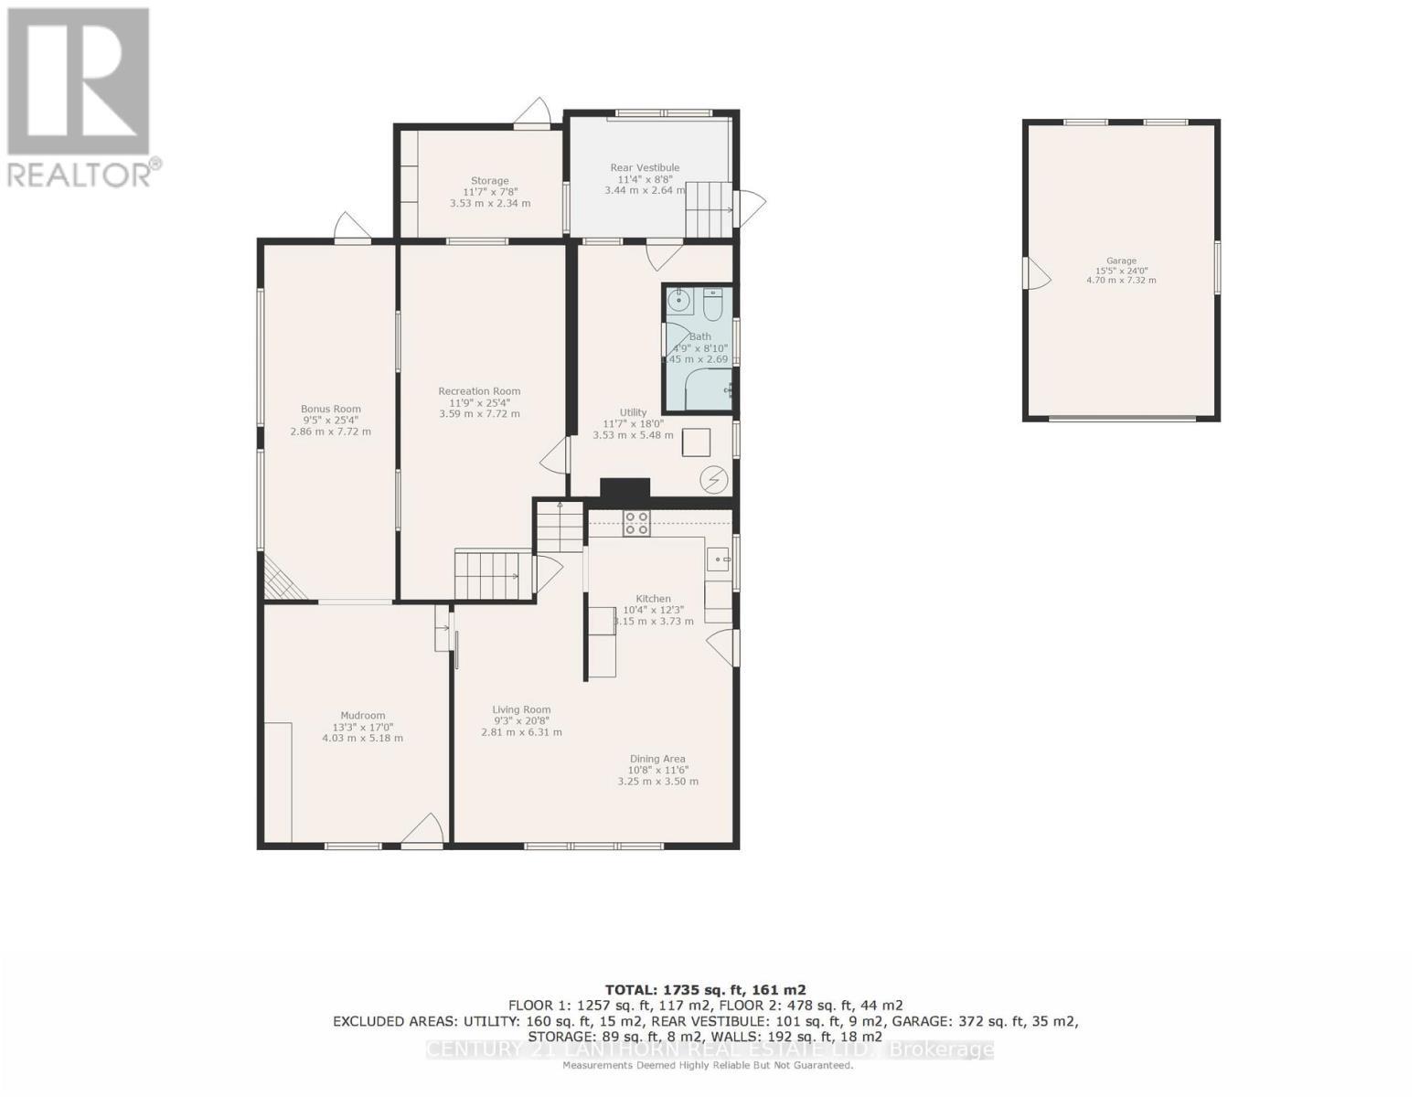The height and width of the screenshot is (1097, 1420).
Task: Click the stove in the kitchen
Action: coord(636,523)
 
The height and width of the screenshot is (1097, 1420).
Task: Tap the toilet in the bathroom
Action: coord(713,304)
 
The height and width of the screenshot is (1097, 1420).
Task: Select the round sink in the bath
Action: coord(679,300)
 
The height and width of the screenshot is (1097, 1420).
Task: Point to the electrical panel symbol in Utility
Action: coord(713,479)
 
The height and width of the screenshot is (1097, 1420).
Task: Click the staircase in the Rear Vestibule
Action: coord(710,208)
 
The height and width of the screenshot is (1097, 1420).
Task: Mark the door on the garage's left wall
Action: coord(1035,272)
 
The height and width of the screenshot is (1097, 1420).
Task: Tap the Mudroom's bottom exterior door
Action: coord(422,832)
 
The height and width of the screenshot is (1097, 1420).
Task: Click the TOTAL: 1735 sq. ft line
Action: coord(705,989)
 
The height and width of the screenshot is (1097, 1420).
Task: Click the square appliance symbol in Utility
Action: coord(697,442)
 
